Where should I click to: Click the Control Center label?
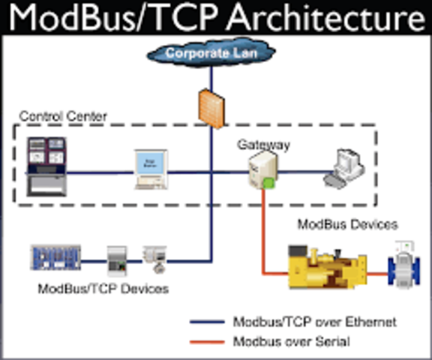[63, 116]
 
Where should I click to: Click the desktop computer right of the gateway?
[343, 169]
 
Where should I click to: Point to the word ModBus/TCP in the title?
[103, 18]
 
